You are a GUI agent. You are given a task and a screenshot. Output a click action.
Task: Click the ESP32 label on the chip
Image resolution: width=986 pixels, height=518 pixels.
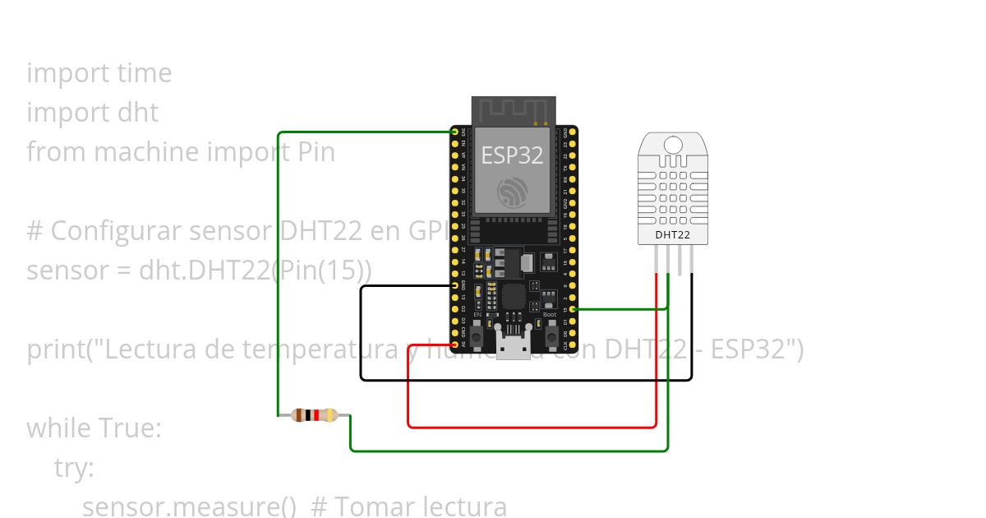pyautogui.click(x=512, y=155)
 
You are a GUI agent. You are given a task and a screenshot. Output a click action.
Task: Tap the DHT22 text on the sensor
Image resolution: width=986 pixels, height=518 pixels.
pyautogui.click(x=672, y=235)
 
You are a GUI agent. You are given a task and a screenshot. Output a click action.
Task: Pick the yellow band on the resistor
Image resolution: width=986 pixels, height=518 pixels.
pyautogui.click(x=329, y=415)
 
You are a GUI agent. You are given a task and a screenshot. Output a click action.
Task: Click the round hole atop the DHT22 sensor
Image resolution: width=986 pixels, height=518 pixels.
pyautogui.click(x=673, y=146)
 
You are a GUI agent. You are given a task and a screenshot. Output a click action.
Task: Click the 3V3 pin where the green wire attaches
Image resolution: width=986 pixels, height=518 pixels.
pyautogui.click(x=455, y=132)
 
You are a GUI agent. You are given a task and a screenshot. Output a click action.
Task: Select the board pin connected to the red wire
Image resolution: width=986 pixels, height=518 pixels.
pyautogui.click(x=455, y=345)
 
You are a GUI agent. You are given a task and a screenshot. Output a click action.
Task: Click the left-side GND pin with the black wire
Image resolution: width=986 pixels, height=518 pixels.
pyautogui.click(x=455, y=285)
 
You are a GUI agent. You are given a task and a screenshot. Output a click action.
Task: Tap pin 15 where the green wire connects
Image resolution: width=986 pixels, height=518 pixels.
pyautogui.click(x=573, y=309)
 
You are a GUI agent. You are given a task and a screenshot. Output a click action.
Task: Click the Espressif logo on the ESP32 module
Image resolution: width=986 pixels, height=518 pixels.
pyautogui.click(x=513, y=192)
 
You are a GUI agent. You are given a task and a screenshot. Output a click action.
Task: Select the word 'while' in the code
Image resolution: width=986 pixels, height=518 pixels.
pyautogui.click(x=60, y=428)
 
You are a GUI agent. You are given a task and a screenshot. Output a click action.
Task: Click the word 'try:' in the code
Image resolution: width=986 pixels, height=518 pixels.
pyautogui.click(x=74, y=468)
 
